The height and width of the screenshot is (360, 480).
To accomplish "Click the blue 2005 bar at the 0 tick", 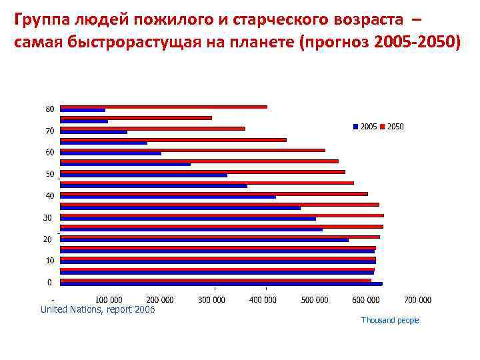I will [221, 284].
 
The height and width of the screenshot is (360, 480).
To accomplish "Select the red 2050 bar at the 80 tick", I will [163, 107].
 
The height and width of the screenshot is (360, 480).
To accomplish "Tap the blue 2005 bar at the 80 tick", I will [83, 110].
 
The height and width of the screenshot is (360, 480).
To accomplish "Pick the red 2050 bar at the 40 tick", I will [213, 193].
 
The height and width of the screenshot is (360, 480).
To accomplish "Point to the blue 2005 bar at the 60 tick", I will [111, 153].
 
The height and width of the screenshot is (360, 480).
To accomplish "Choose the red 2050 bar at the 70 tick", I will [152, 128].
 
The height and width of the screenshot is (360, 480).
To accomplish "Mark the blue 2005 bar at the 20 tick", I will [204, 240].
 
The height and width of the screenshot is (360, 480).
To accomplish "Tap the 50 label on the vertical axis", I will [50, 174].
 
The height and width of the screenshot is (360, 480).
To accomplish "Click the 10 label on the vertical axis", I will [50, 261].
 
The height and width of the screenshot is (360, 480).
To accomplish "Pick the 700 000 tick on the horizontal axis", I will [417, 300].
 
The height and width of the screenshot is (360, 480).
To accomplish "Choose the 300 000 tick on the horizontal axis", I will [212, 300].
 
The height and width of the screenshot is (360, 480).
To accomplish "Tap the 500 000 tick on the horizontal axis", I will [315, 300].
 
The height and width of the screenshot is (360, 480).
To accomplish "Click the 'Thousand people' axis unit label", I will [390, 321].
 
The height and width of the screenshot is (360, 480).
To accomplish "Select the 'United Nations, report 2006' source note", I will [97, 309].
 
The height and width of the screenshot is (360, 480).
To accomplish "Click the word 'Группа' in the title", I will [40, 18].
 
